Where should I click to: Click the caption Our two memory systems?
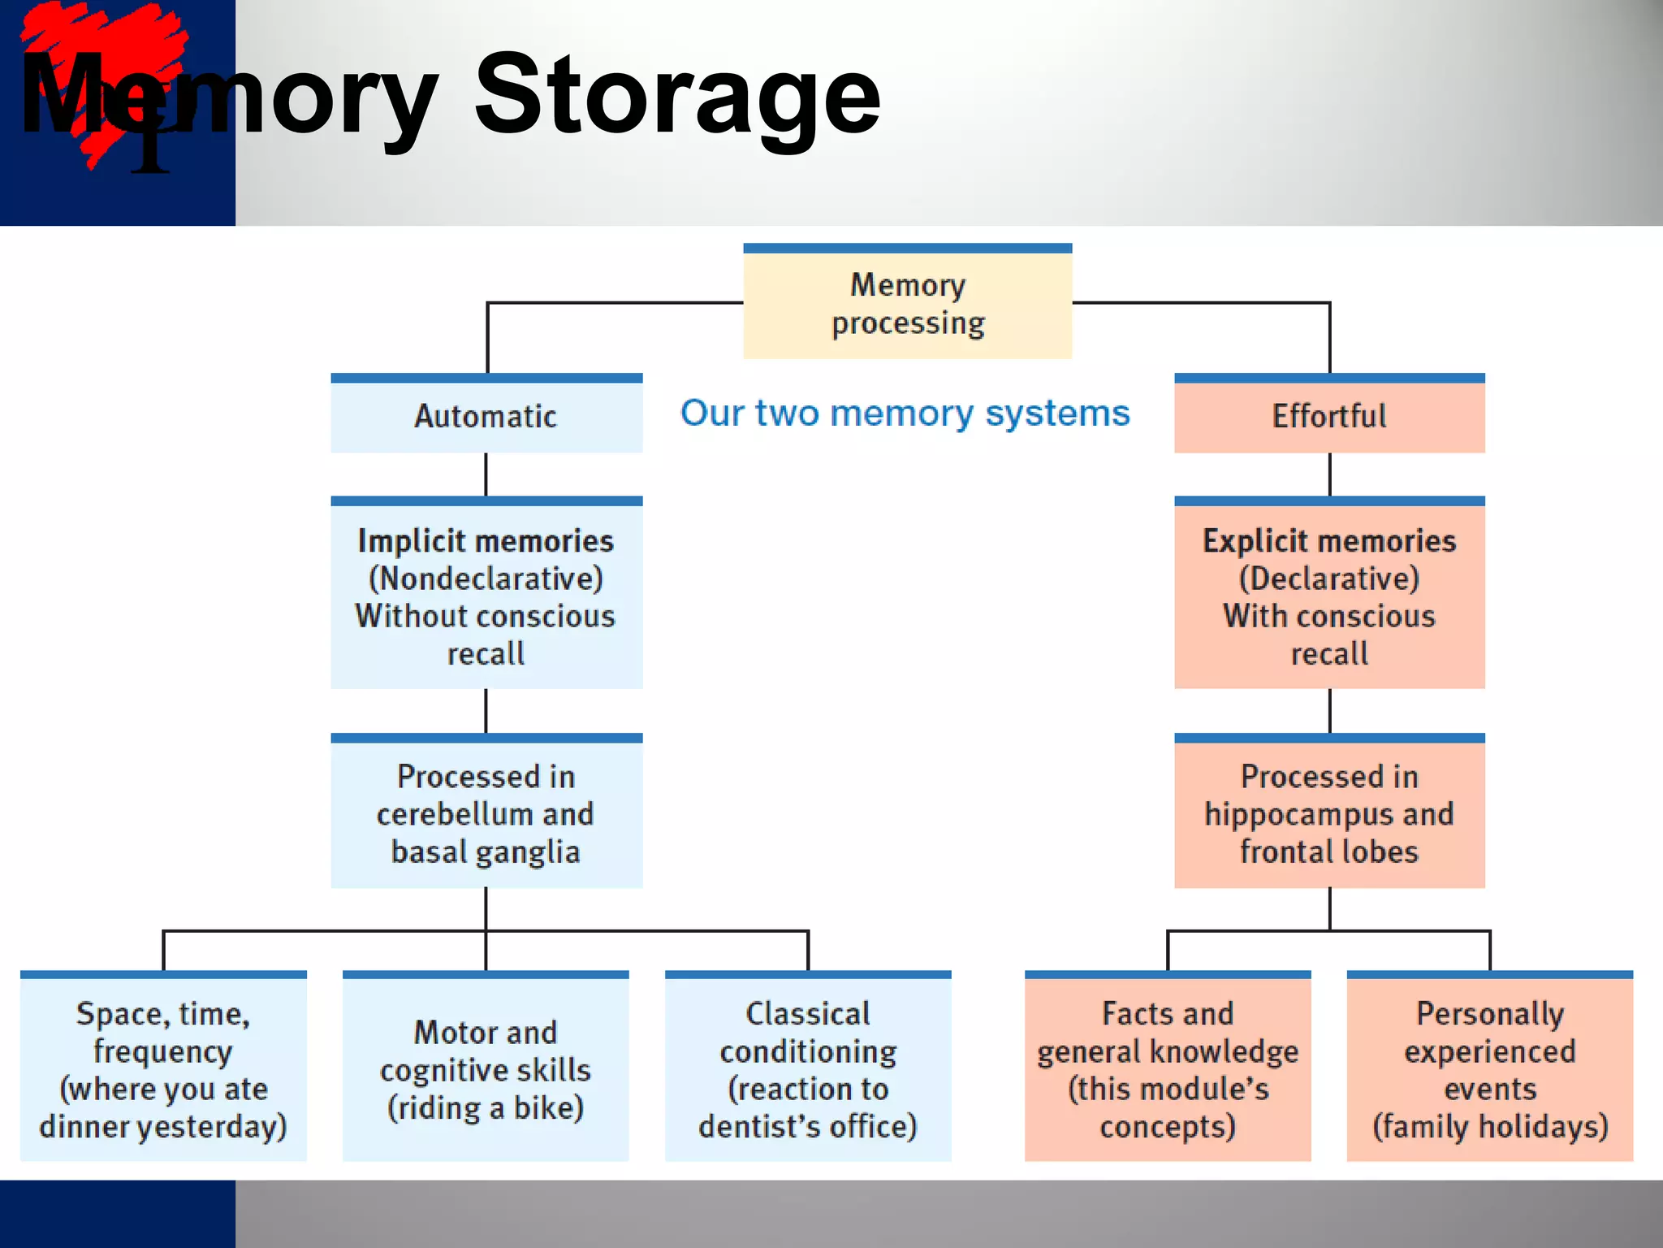[x=905, y=414]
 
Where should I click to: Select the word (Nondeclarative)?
[x=486, y=578]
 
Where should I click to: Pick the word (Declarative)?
[x=1328, y=578]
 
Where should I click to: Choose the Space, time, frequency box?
[x=163, y=1068]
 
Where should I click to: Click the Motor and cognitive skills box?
[x=486, y=1068]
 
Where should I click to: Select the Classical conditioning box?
[x=808, y=1068]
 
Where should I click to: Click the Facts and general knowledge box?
[x=1167, y=1068]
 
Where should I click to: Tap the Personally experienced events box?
[x=1489, y=1068]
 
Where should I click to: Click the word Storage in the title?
[x=677, y=96]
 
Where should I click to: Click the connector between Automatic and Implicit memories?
[x=486, y=474]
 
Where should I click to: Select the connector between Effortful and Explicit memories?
[x=1329, y=474]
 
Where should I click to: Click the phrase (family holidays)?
[x=1489, y=1126]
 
